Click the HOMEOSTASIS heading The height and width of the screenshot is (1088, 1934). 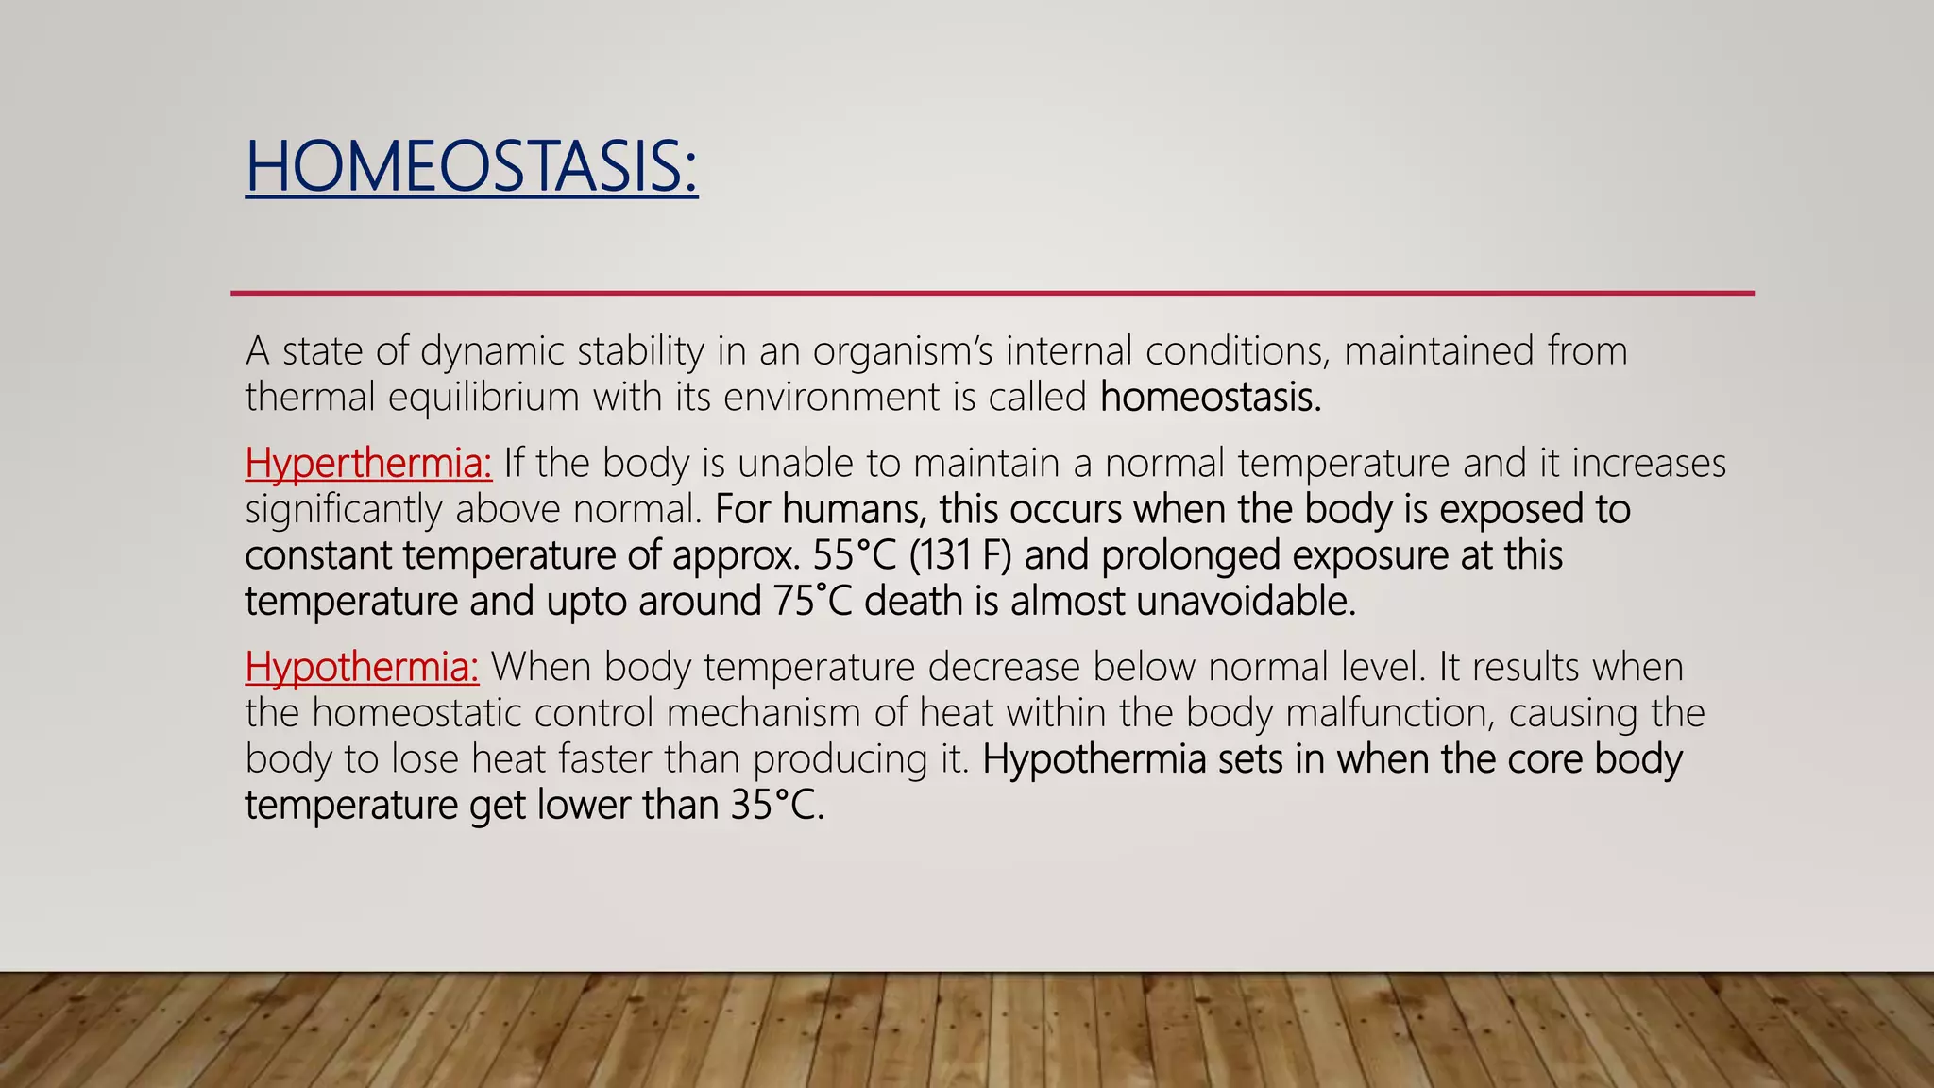click(471, 167)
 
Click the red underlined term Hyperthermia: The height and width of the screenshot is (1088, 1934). click(368, 464)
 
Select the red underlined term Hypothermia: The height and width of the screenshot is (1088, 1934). click(362, 668)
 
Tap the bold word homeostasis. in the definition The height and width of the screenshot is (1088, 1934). click(1210, 398)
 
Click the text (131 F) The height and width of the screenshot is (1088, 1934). click(960, 555)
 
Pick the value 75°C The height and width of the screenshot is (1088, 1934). click(812, 602)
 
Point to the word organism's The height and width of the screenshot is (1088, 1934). click(903, 351)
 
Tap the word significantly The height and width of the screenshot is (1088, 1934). click(343, 510)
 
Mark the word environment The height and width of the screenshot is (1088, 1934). click(831, 398)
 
